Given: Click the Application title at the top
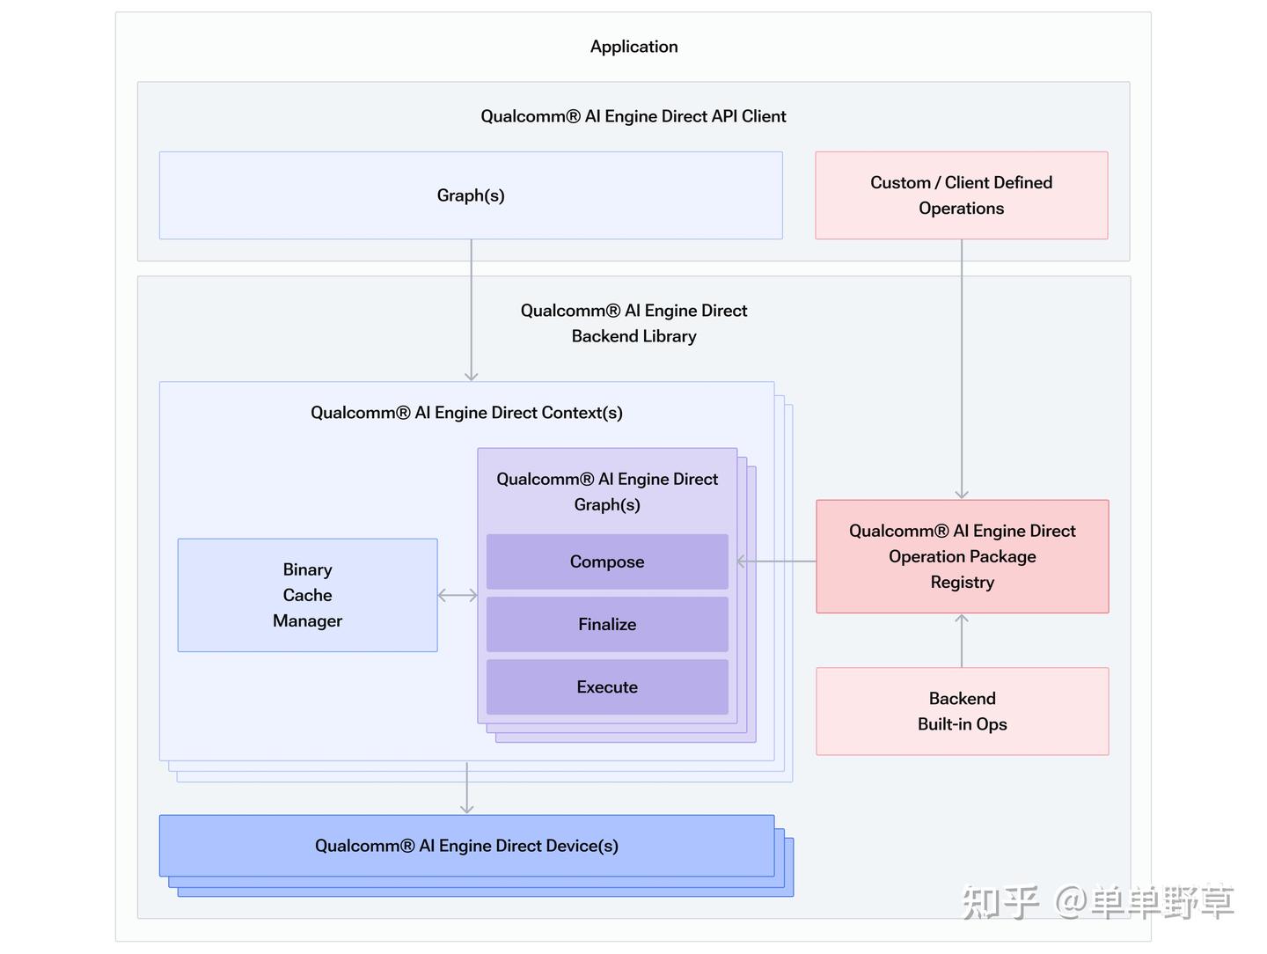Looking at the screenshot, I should tap(633, 47).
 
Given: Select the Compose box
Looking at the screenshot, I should tap(607, 561).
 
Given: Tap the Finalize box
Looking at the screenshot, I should tap(607, 624).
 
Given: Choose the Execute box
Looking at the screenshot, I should tap(607, 686).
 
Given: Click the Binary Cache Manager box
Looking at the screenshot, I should tap(307, 595).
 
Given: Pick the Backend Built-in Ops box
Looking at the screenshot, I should tap(962, 711).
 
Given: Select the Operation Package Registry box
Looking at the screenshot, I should tap(962, 556).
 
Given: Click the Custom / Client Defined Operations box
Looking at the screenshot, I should tap(961, 195).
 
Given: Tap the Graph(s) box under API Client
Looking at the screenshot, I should tap(471, 195).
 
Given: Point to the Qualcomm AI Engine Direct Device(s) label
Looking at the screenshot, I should tap(466, 846).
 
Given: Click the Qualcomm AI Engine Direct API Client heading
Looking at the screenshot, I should tap(633, 116).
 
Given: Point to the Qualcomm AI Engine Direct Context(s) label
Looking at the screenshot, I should tap(466, 413).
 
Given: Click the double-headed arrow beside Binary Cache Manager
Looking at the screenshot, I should tap(458, 596).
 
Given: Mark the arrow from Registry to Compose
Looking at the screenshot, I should tap(776, 561).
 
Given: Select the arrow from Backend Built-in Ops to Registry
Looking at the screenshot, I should tap(962, 640).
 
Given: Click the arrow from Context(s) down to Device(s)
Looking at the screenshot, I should tap(466, 789).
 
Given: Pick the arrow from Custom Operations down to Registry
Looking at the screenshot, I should tap(962, 370).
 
